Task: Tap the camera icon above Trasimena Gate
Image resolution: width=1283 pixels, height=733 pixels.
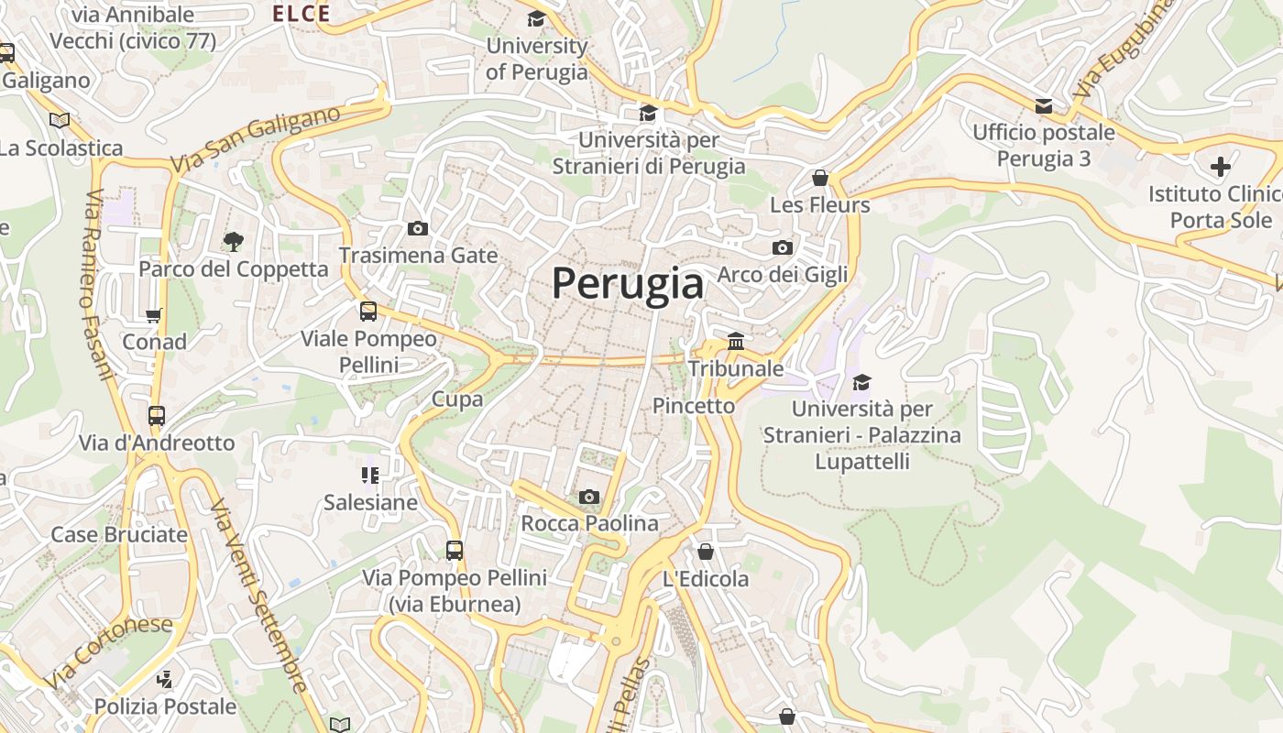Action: pos(418,228)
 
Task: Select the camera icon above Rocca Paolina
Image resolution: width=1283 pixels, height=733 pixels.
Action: pos(588,497)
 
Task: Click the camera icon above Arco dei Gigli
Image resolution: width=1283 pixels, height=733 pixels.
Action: pos(782,247)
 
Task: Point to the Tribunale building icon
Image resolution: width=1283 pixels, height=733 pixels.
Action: pos(735,342)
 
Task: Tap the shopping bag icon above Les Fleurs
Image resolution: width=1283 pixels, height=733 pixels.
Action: pos(820,178)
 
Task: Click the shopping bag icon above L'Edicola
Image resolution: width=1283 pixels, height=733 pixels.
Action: pos(705,552)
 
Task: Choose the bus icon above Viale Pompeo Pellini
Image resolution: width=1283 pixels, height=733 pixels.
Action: pos(368,312)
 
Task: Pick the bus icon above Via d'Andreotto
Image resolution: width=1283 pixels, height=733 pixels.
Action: pos(157,416)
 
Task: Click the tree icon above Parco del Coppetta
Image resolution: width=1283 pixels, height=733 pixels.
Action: pos(233,242)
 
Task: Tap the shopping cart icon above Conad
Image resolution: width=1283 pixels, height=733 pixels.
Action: pos(154,315)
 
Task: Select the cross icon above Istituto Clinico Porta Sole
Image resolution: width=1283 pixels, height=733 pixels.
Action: pos(1220,167)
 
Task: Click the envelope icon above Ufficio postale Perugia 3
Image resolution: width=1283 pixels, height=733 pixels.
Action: pos(1043,105)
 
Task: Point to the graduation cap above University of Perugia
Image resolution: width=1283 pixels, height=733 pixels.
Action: pos(536,19)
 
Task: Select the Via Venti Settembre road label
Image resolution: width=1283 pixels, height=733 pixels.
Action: pos(259,596)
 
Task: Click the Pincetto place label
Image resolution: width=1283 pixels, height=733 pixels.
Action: pos(694,406)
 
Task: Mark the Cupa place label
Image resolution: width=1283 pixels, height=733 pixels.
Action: pos(456,399)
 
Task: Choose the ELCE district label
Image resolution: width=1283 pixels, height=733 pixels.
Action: pos(302,13)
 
